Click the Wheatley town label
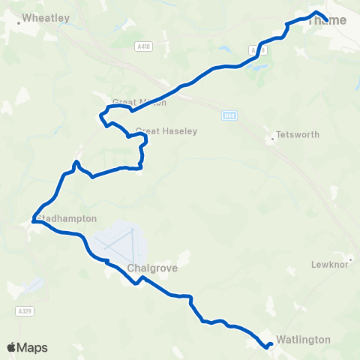click(46, 16)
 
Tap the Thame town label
click(331, 20)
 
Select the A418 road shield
click(145, 46)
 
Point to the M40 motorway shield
click(229, 115)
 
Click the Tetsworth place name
click(298, 135)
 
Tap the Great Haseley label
click(166, 131)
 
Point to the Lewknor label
click(330, 265)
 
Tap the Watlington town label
click(303, 339)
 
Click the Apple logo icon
click(12, 347)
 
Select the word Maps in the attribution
click(34, 347)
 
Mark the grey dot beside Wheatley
click(19, 22)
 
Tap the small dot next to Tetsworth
click(271, 138)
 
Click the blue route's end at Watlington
click(270, 344)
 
